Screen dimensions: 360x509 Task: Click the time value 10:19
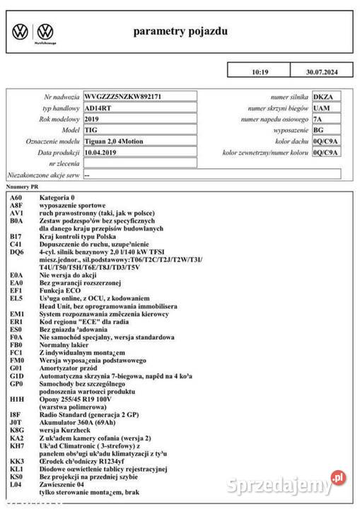point(260,72)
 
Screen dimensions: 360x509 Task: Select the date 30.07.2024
point(323,72)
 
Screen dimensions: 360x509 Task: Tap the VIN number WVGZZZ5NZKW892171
point(122,96)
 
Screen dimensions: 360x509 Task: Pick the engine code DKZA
point(323,96)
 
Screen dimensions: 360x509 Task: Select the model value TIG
point(91,130)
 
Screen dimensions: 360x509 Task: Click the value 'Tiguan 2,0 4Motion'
point(113,141)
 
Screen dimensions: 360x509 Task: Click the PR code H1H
point(17,400)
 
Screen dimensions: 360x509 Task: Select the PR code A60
point(17,197)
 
